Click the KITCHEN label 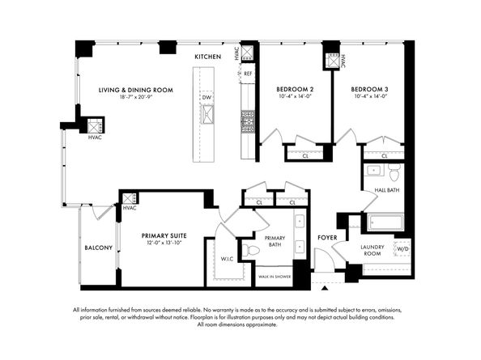pyautogui.click(x=207, y=57)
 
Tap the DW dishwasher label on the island pyautogui.click(x=206, y=97)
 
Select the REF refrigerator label pyautogui.click(x=248, y=74)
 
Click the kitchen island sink pyautogui.click(x=207, y=114)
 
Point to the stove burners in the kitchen pyautogui.click(x=248, y=121)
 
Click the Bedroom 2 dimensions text pyautogui.click(x=295, y=96)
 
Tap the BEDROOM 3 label pyautogui.click(x=369, y=90)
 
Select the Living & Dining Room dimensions pyautogui.click(x=136, y=97)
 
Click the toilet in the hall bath pyautogui.click(x=394, y=172)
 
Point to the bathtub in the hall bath pyautogui.click(x=385, y=222)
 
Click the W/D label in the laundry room pyautogui.click(x=402, y=249)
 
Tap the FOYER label pyautogui.click(x=327, y=238)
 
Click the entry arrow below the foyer pyautogui.click(x=325, y=288)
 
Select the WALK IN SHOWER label pyautogui.click(x=275, y=277)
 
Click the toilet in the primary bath pyautogui.click(x=251, y=250)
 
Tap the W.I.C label pyautogui.click(x=227, y=259)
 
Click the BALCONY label pyautogui.click(x=99, y=248)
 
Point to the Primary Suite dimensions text pyautogui.click(x=164, y=243)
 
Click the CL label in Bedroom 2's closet pyautogui.click(x=305, y=156)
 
